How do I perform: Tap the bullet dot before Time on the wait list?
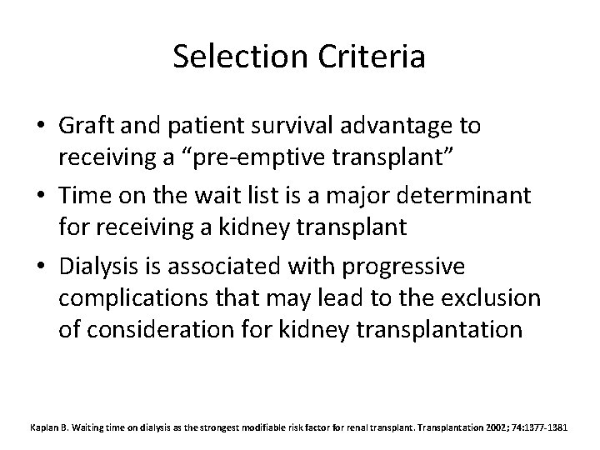pyautogui.click(x=42, y=195)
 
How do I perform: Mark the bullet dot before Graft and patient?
pyautogui.click(x=42, y=126)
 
